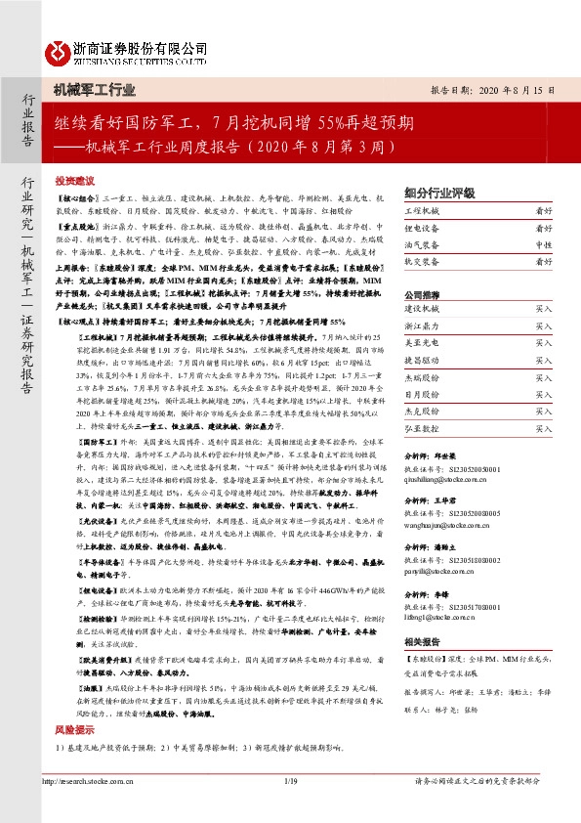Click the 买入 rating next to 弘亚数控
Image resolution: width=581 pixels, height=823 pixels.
543,427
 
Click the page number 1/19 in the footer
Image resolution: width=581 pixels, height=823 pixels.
289,807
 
